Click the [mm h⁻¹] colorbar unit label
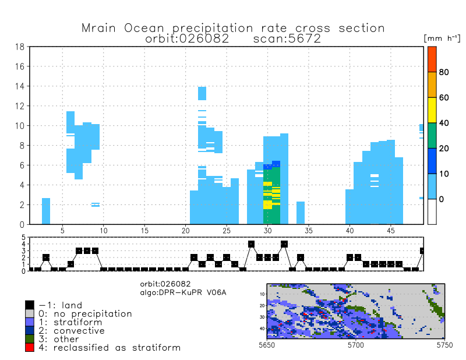click(442, 37)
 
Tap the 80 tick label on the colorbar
click(444, 72)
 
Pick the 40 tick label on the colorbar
click(444, 123)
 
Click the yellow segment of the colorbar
click(432, 110)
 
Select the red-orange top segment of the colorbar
click(432, 59)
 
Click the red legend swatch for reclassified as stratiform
click(29, 348)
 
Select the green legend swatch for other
click(29, 339)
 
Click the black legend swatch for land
click(29, 305)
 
